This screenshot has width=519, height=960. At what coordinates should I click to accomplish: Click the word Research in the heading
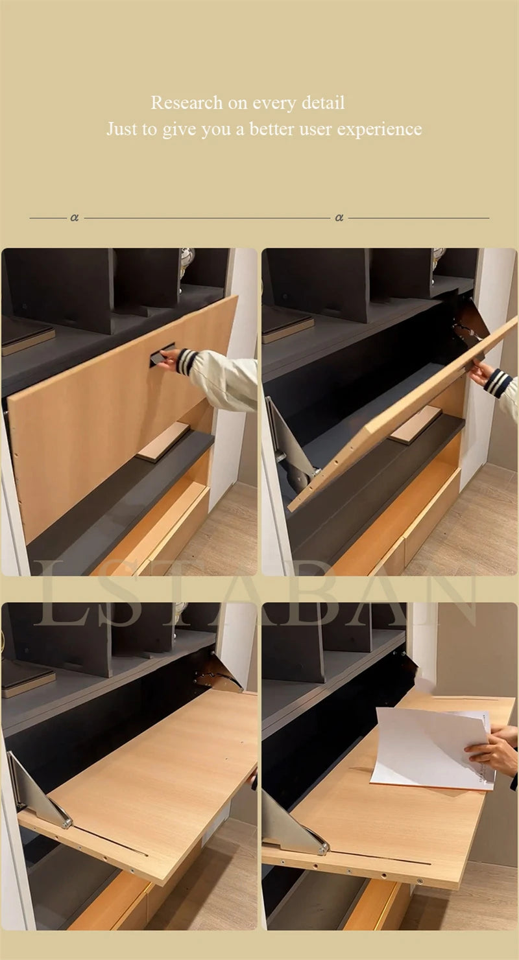(x=186, y=103)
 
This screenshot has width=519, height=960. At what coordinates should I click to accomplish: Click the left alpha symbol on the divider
(x=75, y=218)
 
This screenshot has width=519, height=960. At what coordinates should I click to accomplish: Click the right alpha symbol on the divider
(x=339, y=218)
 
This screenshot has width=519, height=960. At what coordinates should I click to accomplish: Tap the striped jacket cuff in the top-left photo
(x=187, y=362)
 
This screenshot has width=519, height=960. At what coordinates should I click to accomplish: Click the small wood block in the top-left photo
(x=163, y=441)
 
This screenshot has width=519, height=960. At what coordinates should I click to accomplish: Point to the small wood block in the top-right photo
(x=415, y=425)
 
